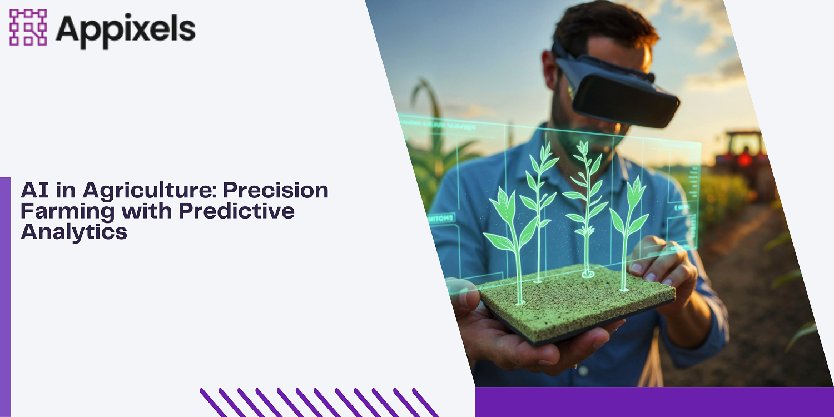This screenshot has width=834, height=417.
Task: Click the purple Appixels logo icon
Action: pyautogui.click(x=28, y=27)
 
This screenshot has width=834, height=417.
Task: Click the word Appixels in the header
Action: pyautogui.click(x=126, y=28)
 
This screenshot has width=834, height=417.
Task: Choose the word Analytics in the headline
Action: pyautogui.click(x=74, y=231)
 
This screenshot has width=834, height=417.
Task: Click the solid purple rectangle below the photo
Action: pyautogui.click(x=654, y=401)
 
